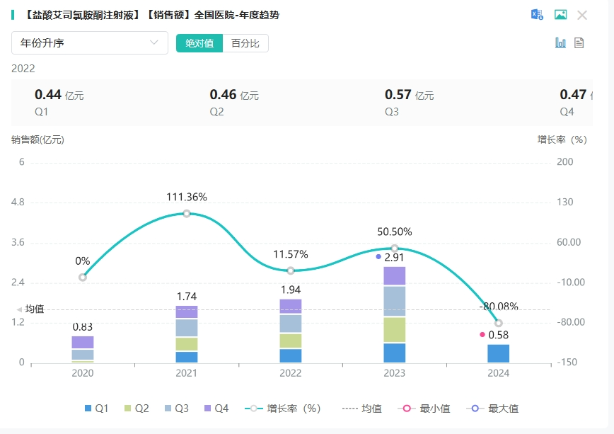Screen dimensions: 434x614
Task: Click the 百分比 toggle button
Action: [245, 43]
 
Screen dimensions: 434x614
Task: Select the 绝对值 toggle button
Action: [199, 43]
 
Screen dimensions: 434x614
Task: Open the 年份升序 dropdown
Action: [89, 43]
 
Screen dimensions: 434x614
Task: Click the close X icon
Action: [582, 15]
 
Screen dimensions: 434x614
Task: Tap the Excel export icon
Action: [538, 15]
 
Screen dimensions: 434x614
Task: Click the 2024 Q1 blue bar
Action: [498, 353]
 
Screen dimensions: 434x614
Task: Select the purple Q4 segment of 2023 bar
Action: [395, 276]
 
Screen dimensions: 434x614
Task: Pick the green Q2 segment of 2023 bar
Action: [395, 329]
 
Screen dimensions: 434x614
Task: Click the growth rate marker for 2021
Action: [187, 213]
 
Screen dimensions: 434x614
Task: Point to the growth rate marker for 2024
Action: [499, 323]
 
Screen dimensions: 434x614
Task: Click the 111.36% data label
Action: [187, 198]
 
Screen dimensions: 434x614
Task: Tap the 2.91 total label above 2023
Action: [394, 258]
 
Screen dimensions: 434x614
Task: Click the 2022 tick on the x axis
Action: [291, 374]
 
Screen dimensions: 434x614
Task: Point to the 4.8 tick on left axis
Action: [18, 202]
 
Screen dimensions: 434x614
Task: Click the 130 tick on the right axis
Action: [564, 202]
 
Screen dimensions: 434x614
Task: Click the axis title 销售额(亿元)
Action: [37, 139]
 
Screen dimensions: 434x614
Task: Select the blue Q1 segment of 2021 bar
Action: [187, 357]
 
